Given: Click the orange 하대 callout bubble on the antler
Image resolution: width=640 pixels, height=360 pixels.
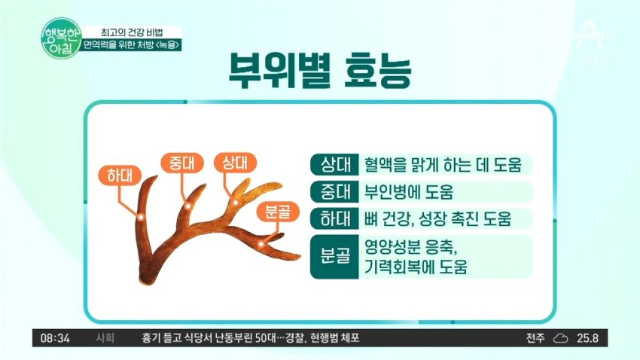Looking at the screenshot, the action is [120, 175].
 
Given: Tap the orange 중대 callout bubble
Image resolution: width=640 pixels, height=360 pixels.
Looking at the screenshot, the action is [182, 163].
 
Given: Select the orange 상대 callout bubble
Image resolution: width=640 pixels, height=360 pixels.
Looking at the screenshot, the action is [235, 163].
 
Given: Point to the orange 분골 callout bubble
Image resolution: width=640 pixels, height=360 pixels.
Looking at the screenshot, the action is [278, 212].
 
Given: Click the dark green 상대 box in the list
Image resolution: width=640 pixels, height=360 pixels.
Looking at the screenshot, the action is [334, 164].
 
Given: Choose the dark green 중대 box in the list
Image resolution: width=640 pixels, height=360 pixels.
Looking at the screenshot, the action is [334, 191].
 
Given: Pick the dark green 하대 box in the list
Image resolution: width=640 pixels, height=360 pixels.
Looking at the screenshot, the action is [334, 218].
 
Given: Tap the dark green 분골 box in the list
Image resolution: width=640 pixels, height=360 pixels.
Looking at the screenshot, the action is [334, 257].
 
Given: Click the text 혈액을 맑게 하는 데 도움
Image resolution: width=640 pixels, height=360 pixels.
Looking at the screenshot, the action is [443, 165].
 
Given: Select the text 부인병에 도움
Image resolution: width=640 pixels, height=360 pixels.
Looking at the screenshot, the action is [409, 192].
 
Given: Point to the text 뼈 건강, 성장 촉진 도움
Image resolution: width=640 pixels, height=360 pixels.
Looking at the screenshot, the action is [437, 219].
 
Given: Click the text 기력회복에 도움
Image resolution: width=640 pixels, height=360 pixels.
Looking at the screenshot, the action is [416, 267].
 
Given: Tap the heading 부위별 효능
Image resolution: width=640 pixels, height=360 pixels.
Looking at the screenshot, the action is [319, 70].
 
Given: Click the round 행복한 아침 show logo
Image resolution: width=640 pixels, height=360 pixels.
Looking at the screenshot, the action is [61, 38].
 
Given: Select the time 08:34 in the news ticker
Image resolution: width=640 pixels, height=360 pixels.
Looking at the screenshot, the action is [55, 338].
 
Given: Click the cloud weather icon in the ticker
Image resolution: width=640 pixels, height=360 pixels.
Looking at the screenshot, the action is [560, 338].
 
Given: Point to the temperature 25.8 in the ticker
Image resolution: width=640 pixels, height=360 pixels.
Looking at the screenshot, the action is [588, 338].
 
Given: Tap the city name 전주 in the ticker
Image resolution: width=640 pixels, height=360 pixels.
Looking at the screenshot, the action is [535, 338].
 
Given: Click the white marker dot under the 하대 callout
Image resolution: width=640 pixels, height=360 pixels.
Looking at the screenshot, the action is [141, 218].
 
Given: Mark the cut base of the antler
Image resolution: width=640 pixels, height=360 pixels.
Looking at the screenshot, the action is [146, 279].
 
